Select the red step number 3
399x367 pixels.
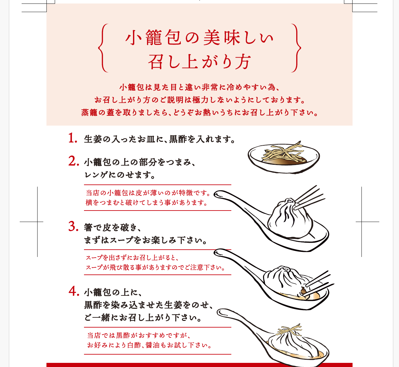(x=73, y=226)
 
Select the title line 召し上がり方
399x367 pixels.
(x=199, y=62)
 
